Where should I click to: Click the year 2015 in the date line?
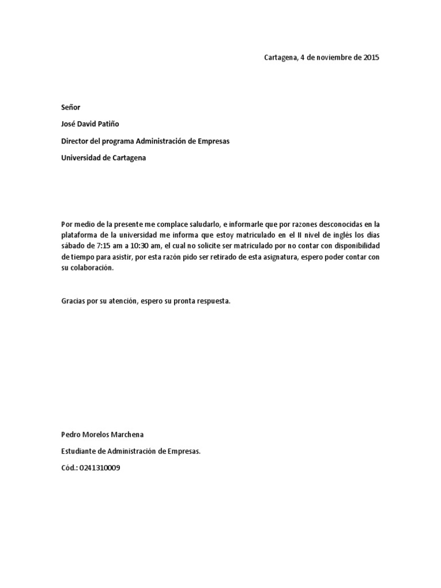[372, 57]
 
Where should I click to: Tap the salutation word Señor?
[71, 107]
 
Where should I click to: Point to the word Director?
[75, 141]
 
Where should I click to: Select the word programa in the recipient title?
[120, 141]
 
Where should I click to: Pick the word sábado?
[73, 246]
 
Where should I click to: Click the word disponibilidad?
[353, 246]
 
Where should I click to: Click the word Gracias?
[73, 301]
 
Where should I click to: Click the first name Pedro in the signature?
[71, 435]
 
